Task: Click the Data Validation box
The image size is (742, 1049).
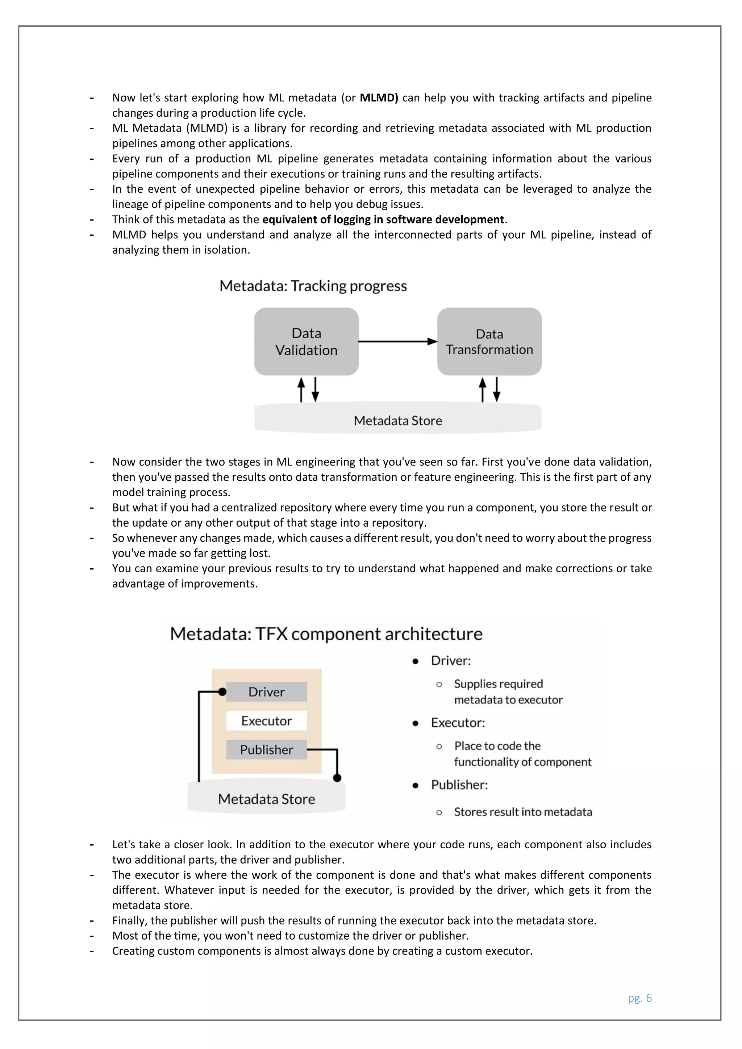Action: coord(306,341)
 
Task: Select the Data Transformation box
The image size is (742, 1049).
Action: coord(489,341)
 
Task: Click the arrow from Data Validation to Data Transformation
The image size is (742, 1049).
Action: coord(397,341)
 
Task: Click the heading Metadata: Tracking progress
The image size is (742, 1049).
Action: coord(313,286)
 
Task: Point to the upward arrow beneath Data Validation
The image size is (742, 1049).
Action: coord(301,389)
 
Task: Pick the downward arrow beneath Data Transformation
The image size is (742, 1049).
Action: coord(497,389)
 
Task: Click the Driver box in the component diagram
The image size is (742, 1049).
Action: coord(266,692)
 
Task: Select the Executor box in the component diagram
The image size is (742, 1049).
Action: coord(266,720)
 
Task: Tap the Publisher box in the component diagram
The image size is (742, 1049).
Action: coord(266,749)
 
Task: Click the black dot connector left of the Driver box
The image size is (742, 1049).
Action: coord(222,692)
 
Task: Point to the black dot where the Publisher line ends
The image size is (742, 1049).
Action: coord(337,778)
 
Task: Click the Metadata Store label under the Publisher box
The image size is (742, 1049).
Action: coord(266,799)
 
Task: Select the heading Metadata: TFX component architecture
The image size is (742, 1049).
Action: coord(326,634)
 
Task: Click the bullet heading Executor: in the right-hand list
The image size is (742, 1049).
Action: coord(458,722)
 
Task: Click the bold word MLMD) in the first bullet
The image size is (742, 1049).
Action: coord(379,98)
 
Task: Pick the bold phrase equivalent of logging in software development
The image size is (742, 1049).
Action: coord(383,220)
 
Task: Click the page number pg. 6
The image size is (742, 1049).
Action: coord(640,998)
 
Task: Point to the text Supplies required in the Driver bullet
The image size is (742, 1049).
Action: coord(498,684)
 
